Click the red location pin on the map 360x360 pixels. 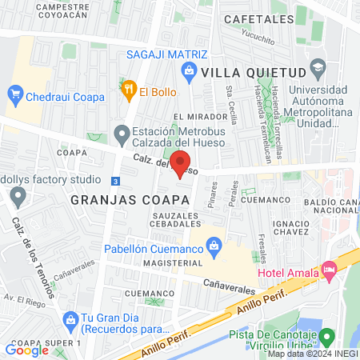pos(180,164)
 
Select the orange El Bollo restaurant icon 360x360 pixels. pos(127,90)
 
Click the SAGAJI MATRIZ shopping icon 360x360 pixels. pos(189,72)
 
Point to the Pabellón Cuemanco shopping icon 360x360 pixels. pos(214,247)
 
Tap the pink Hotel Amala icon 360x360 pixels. pos(329,271)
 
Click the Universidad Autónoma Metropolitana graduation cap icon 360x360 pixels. pos(319,66)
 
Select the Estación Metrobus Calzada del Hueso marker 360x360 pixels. pos(122,133)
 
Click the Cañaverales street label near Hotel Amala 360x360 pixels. pos(230,283)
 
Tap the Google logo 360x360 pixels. pos(27,350)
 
